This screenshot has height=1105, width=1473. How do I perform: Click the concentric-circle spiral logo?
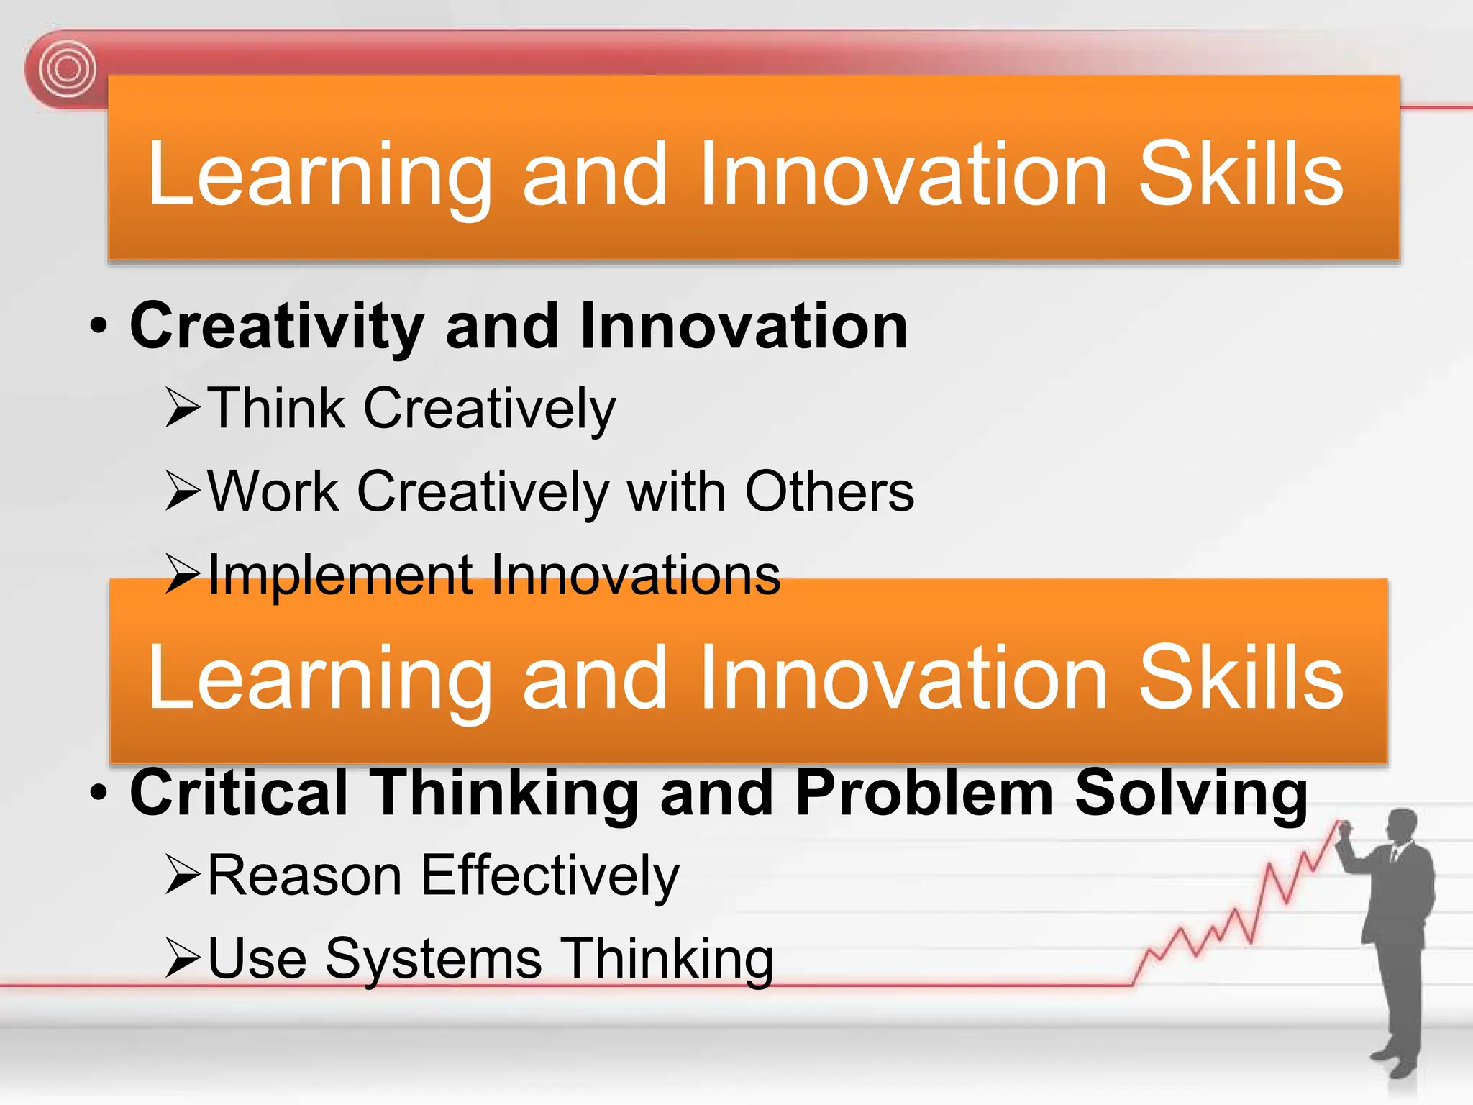68,70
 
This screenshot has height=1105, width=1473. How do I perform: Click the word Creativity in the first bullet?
276,327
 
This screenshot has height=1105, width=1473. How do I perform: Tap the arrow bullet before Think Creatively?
182,408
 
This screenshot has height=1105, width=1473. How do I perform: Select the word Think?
276,408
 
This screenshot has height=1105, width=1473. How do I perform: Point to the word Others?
829,492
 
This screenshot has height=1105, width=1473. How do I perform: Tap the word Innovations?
636,576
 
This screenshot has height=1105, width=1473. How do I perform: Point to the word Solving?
1191,793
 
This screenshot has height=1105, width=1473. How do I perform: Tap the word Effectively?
550,876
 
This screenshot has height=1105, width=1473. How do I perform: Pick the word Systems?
433,960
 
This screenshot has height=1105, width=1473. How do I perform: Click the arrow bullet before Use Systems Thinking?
182,958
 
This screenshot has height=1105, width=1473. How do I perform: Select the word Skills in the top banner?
1241,174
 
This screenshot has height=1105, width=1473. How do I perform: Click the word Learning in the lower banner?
320,678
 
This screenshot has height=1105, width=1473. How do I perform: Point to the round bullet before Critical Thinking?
99,793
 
